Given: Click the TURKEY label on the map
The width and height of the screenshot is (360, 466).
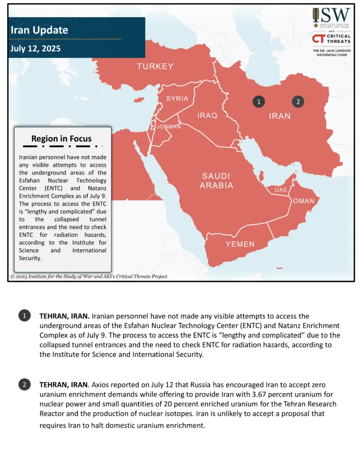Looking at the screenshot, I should pyautogui.click(x=155, y=66).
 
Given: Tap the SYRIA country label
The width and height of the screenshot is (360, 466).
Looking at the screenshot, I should pyautogui.click(x=177, y=98).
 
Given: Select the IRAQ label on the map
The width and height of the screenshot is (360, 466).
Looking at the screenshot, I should pyautogui.click(x=207, y=116).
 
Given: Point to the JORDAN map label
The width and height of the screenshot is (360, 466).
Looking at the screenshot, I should pyautogui.click(x=168, y=127).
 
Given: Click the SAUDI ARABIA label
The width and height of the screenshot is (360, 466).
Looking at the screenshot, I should pyautogui.click(x=217, y=181).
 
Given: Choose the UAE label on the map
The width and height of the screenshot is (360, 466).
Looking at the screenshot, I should pyautogui.click(x=281, y=189).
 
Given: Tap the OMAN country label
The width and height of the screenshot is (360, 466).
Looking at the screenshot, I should pyautogui.click(x=304, y=201).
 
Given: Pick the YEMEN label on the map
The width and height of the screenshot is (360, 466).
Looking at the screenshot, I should pyautogui.click(x=240, y=244).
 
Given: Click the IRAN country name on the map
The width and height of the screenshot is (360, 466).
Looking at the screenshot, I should pyautogui.click(x=279, y=116).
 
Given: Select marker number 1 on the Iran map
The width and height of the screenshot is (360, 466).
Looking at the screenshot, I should pyautogui.click(x=259, y=101).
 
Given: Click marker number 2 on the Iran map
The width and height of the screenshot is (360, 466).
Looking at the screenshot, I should pyautogui.click(x=298, y=101).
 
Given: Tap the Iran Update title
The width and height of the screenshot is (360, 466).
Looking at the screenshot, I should pyautogui.click(x=39, y=30).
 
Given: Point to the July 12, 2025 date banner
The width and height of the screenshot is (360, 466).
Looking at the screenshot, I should pyautogui.click(x=35, y=48).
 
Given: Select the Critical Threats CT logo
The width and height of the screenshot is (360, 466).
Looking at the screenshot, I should pyautogui.click(x=318, y=39).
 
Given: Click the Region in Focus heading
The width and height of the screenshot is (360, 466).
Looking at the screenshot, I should pyautogui.click(x=61, y=139).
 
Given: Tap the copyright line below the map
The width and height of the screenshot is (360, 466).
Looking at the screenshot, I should pyautogui.click(x=89, y=276).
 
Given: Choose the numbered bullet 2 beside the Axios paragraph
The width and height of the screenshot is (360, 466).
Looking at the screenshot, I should pyautogui.click(x=24, y=385).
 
